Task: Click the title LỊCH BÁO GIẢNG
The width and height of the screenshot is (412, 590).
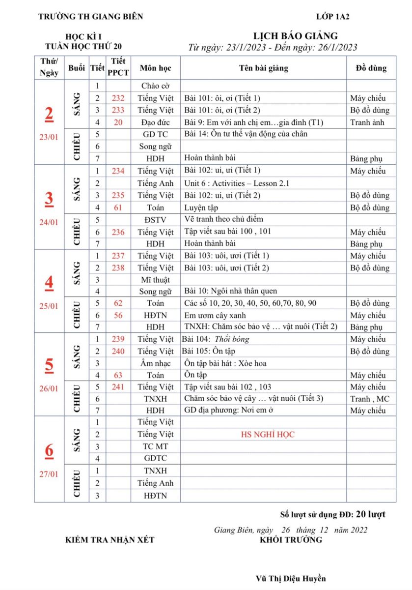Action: (x=295, y=36)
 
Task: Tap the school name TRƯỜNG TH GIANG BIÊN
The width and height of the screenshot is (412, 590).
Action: (x=90, y=16)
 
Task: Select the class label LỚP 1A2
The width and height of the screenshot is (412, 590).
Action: (x=333, y=16)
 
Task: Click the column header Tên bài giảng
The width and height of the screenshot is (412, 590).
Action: (x=264, y=68)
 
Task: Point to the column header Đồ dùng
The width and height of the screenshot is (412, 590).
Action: (x=371, y=68)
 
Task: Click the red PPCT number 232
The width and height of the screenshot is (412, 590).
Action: (x=118, y=98)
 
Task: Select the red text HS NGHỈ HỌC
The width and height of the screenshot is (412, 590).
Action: (x=268, y=435)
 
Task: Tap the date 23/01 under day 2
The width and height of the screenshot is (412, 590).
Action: (x=49, y=137)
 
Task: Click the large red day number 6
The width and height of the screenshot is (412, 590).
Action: (x=49, y=450)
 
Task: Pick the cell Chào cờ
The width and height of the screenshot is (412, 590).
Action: (x=155, y=86)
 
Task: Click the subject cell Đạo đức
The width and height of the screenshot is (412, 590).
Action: (x=155, y=122)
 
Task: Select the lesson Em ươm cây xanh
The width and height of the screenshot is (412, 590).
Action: (x=215, y=315)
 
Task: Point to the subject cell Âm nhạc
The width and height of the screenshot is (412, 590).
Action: (x=155, y=363)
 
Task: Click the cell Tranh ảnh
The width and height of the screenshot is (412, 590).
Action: (x=367, y=122)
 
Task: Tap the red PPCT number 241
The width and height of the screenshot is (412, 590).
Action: (x=118, y=387)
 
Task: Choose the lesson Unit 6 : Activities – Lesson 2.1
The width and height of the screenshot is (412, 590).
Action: (x=237, y=183)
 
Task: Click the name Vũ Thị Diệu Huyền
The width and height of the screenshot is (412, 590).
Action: (x=291, y=579)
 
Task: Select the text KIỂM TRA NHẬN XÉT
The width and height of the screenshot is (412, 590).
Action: (x=110, y=540)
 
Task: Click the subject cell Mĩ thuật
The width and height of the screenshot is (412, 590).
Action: (x=155, y=279)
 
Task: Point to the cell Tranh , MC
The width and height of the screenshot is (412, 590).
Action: (x=369, y=399)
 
